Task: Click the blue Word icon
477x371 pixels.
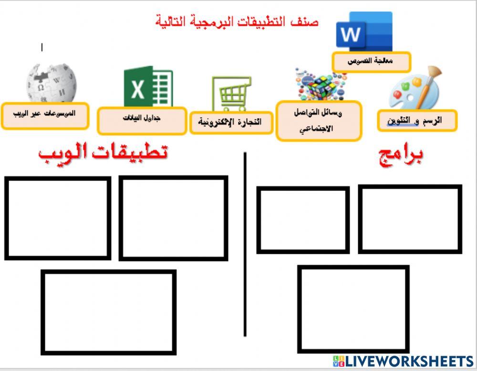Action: coord(364,31)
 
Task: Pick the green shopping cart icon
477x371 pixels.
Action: coord(232,94)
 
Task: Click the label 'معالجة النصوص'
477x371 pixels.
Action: coord(371,61)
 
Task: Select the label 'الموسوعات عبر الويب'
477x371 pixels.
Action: coord(44,115)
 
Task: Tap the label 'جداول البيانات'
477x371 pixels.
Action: coord(142,120)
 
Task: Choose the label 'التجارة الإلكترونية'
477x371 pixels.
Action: coord(231,122)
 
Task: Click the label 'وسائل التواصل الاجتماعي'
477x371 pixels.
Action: coord(319,120)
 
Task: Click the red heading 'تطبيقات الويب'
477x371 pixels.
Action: coord(103,152)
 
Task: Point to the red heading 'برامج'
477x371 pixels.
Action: coord(401,155)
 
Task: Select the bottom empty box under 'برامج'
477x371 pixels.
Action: coord(353,309)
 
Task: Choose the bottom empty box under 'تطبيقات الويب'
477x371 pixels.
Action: coord(108,312)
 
